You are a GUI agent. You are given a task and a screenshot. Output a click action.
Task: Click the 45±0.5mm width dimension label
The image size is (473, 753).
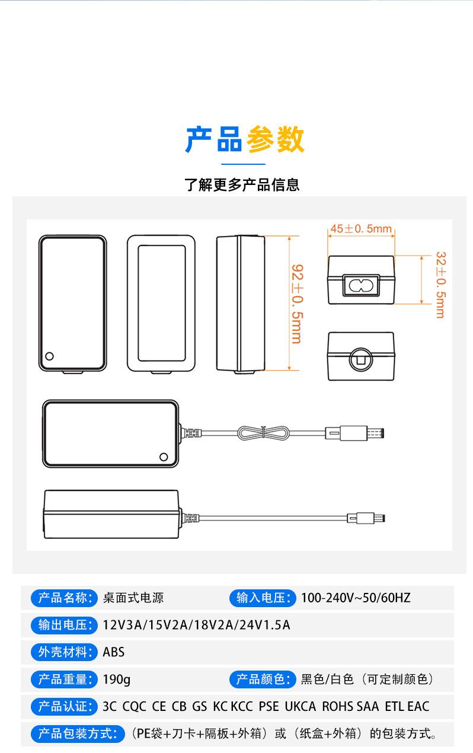click(361, 229)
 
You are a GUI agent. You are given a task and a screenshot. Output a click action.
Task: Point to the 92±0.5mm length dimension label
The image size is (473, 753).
click(298, 304)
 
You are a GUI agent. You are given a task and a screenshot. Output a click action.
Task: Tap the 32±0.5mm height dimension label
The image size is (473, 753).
click(441, 285)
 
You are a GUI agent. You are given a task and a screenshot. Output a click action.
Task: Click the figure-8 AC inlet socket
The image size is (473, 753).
click(361, 286)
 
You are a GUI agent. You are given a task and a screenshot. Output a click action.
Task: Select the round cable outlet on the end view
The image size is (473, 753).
click(361, 359)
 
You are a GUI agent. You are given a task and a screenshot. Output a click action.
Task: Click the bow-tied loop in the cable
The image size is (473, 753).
click(263, 433)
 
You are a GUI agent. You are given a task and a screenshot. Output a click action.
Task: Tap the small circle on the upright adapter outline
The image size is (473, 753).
click(49, 356)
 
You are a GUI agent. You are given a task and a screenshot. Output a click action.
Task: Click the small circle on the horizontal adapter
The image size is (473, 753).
click(164, 457)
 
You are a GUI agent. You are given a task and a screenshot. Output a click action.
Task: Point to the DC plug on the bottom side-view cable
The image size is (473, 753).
click(366, 518)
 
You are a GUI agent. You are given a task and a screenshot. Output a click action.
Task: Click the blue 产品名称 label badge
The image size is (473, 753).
click(64, 598)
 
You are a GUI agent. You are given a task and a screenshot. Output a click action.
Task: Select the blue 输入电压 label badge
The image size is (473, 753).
click(263, 598)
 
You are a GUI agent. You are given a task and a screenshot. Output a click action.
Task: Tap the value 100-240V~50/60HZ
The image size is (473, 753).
click(356, 598)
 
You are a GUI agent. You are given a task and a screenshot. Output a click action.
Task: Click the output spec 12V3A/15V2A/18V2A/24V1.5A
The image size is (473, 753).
click(196, 626)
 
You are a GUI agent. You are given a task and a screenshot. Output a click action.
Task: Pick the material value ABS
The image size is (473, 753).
click(114, 652)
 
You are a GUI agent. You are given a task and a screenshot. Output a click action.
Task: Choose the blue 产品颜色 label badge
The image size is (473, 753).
click(263, 679)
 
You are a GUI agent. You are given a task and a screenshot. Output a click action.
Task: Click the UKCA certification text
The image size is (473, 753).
click(300, 707)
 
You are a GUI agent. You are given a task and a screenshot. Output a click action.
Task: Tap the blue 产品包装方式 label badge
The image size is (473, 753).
click(78, 734)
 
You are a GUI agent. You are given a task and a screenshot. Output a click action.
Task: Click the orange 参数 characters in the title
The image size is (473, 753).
click(276, 139)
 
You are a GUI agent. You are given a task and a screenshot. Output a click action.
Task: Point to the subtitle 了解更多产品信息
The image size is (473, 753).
click(242, 185)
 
